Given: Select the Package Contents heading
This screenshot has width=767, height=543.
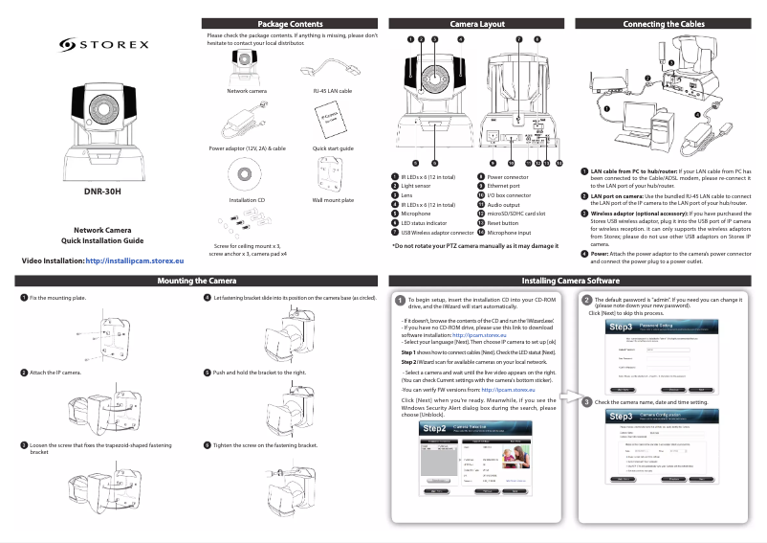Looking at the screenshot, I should point(291,24).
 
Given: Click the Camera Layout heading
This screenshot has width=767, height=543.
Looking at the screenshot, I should point(477,24).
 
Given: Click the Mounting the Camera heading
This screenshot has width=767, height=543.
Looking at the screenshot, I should point(196,281).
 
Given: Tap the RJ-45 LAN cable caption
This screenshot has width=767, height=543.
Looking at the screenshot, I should point(332,90).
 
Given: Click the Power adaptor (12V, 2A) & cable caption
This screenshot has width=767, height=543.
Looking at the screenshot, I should point(248,149).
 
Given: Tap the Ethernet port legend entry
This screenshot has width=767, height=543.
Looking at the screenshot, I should point(506,187).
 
